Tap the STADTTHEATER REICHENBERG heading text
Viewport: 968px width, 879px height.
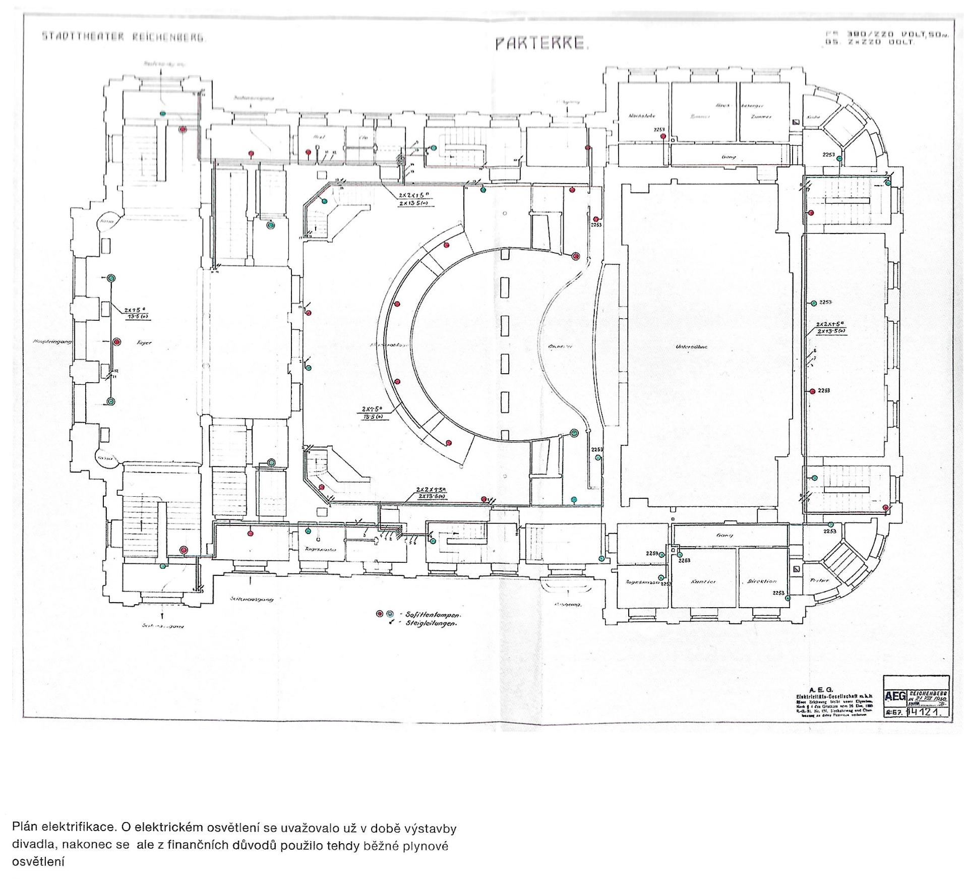(x=124, y=37)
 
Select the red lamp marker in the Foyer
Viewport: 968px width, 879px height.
(x=116, y=342)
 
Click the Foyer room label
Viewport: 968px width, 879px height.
(x=144, y=343)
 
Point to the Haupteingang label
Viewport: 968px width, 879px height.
(x=52, y=342)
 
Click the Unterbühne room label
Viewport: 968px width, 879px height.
(x=692, y=347)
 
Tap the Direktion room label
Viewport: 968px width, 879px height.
(x=762, y=581)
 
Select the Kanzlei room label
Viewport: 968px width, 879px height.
(x=703, y=581)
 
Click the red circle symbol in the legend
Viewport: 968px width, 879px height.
(x=380, y=614)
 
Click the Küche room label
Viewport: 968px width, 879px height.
(x=814, y=117)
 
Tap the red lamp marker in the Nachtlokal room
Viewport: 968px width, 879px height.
(x=663, y=136)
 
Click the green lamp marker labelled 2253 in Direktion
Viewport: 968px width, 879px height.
(x=788, y=598)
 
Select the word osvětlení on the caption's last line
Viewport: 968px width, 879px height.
(x=38, y=862)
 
